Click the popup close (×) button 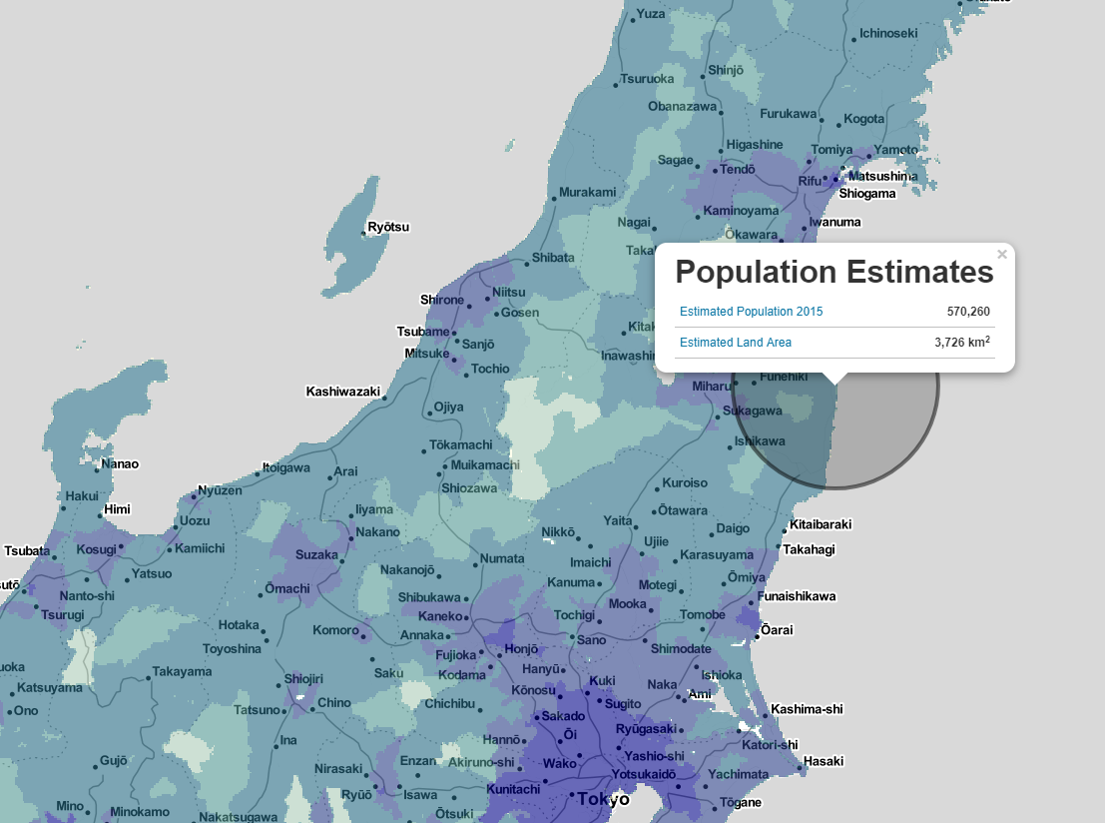[x=1002, y=255]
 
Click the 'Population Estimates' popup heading [x=834, y=272]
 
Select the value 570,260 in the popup [x=968, y=312]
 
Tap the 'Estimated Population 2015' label [x=751, y=312]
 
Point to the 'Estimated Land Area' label [x=735, y=343]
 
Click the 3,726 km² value [x=962, y=343]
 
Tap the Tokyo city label [x=603, y=799]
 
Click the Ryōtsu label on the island [x=388, y=227]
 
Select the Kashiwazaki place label [x=343, y=392]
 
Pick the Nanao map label [x=120, y=463]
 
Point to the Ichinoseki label [x=887, y=33]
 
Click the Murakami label [x=587, y=192]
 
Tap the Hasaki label [x=824, y=761]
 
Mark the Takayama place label [x=182, y=672]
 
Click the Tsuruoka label [x=647, y=79]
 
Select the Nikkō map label [x=559, y=531]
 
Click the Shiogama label [x=866, y=194]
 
